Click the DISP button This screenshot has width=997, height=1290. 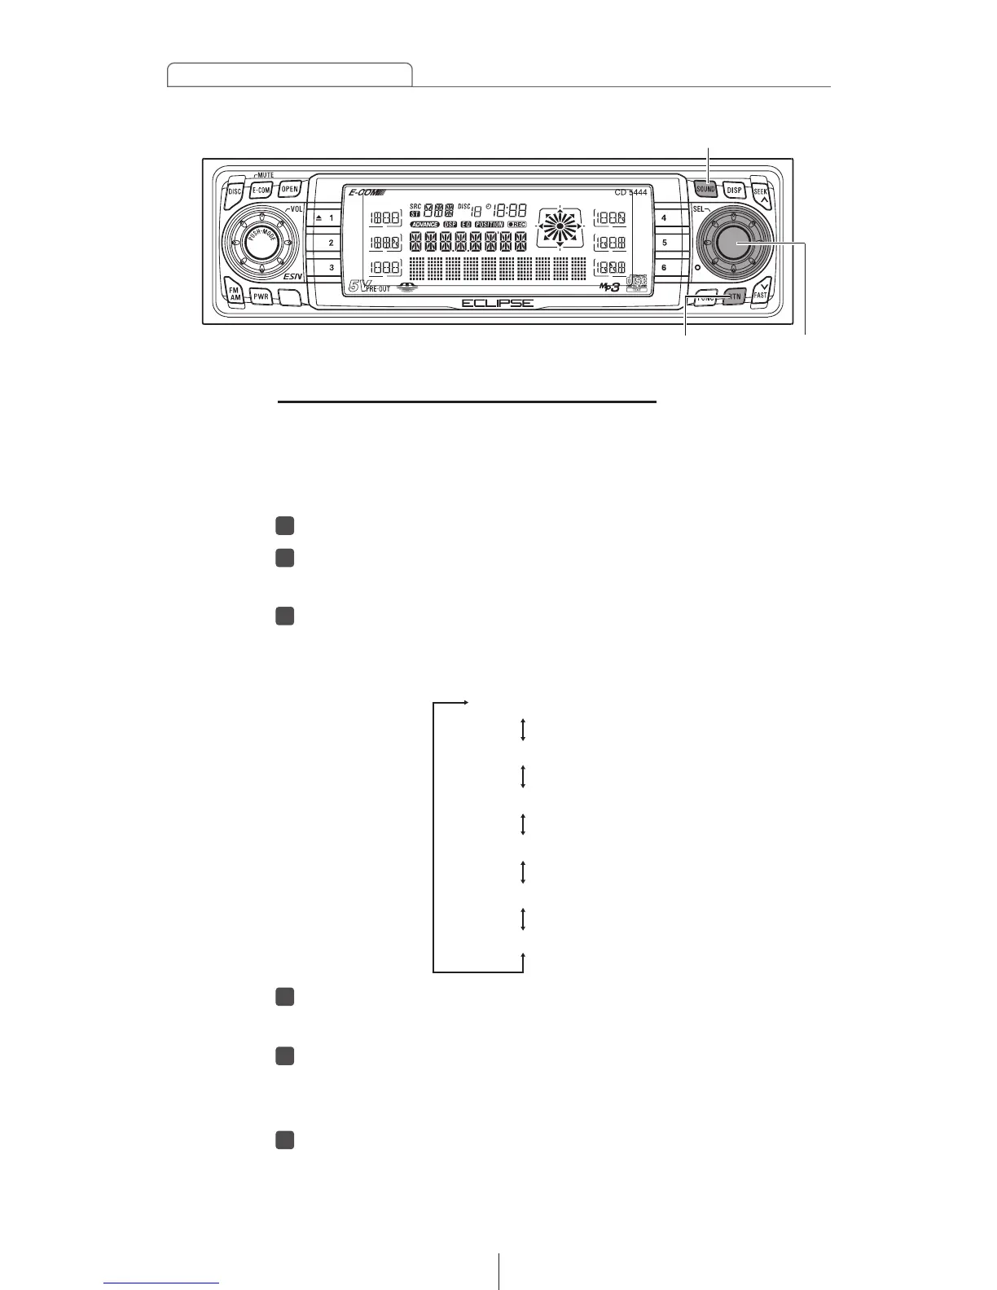(x=735, y=190)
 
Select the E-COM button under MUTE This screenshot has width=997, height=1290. (x=261, y=190)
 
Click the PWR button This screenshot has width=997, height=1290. (x=261, y=296)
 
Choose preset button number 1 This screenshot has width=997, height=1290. (x=326, y=218)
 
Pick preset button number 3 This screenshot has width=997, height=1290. (x=326, y=267)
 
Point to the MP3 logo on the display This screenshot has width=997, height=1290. (x=610, y=287)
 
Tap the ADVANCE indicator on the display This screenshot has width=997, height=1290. (x=424, y=224)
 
